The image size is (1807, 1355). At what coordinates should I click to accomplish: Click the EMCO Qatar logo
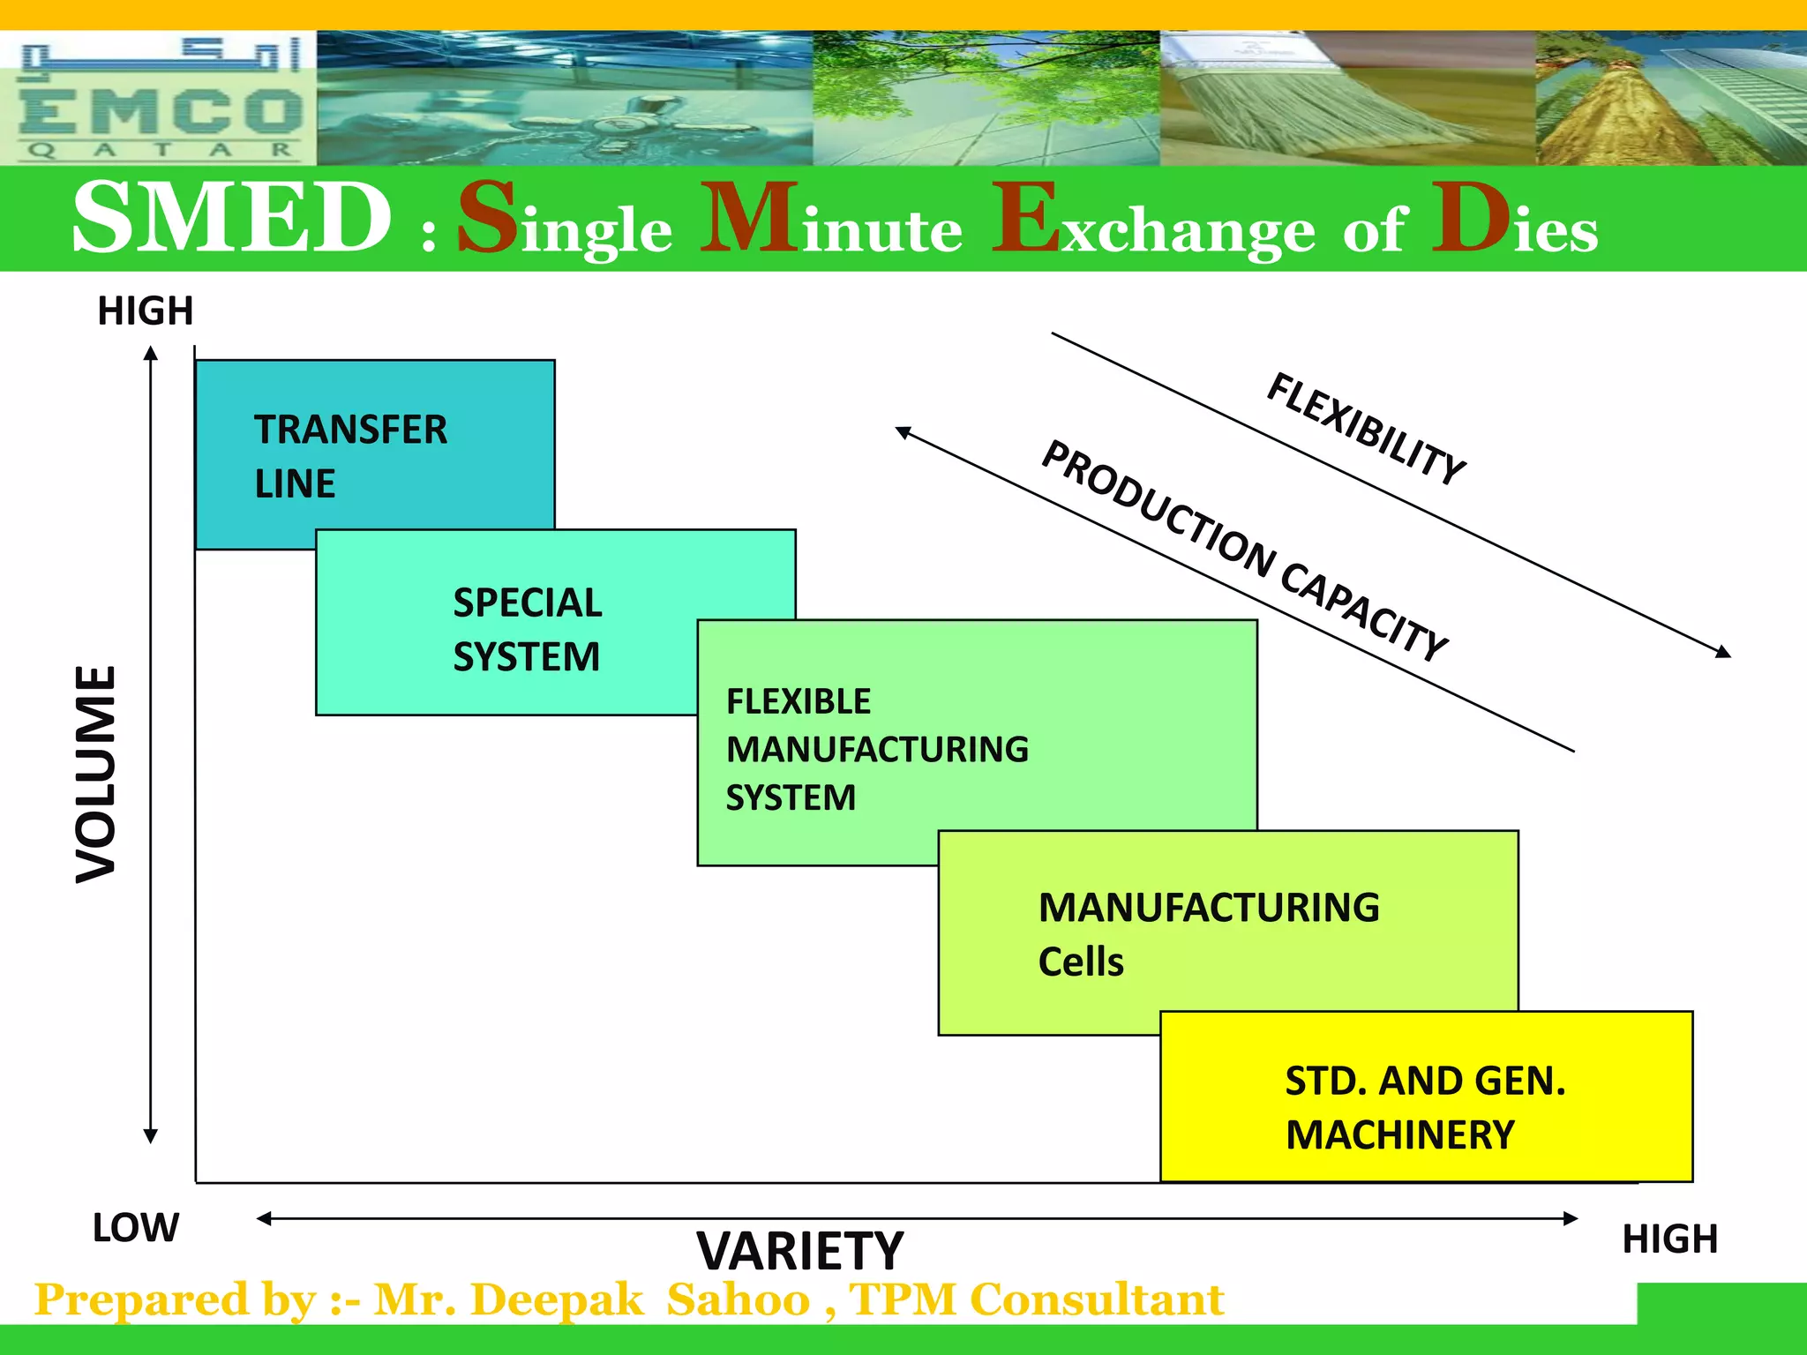coord(159,99)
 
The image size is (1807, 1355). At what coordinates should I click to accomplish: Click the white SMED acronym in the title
coord(231,218)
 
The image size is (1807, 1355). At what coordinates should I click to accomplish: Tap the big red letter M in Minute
coord(750,218)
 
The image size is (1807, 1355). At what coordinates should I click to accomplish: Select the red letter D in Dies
coord(1471,218)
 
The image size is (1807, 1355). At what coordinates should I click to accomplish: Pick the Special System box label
coord(527,629)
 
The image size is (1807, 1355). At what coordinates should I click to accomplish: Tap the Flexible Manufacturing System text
coord(876,749)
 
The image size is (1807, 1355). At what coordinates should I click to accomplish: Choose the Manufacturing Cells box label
coord(1208,933)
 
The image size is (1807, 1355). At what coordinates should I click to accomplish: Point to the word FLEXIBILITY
coord(1366,429)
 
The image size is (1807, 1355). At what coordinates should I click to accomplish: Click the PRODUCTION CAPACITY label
coord(1244,550)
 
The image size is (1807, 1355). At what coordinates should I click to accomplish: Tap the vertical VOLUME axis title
coord(95,774)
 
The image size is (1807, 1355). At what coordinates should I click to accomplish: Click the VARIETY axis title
coord(799,1250)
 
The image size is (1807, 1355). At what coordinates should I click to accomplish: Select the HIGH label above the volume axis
coord(145,311)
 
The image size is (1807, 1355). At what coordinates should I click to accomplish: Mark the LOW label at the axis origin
coord(136,1227)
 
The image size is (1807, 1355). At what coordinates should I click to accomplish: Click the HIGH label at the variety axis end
coord(1669,1239)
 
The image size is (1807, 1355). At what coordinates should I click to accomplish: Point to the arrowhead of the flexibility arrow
coord(1725,653)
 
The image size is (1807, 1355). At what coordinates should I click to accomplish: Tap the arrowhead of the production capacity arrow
coord(902,431)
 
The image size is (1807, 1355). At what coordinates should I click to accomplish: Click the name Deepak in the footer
coord(557,1299)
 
